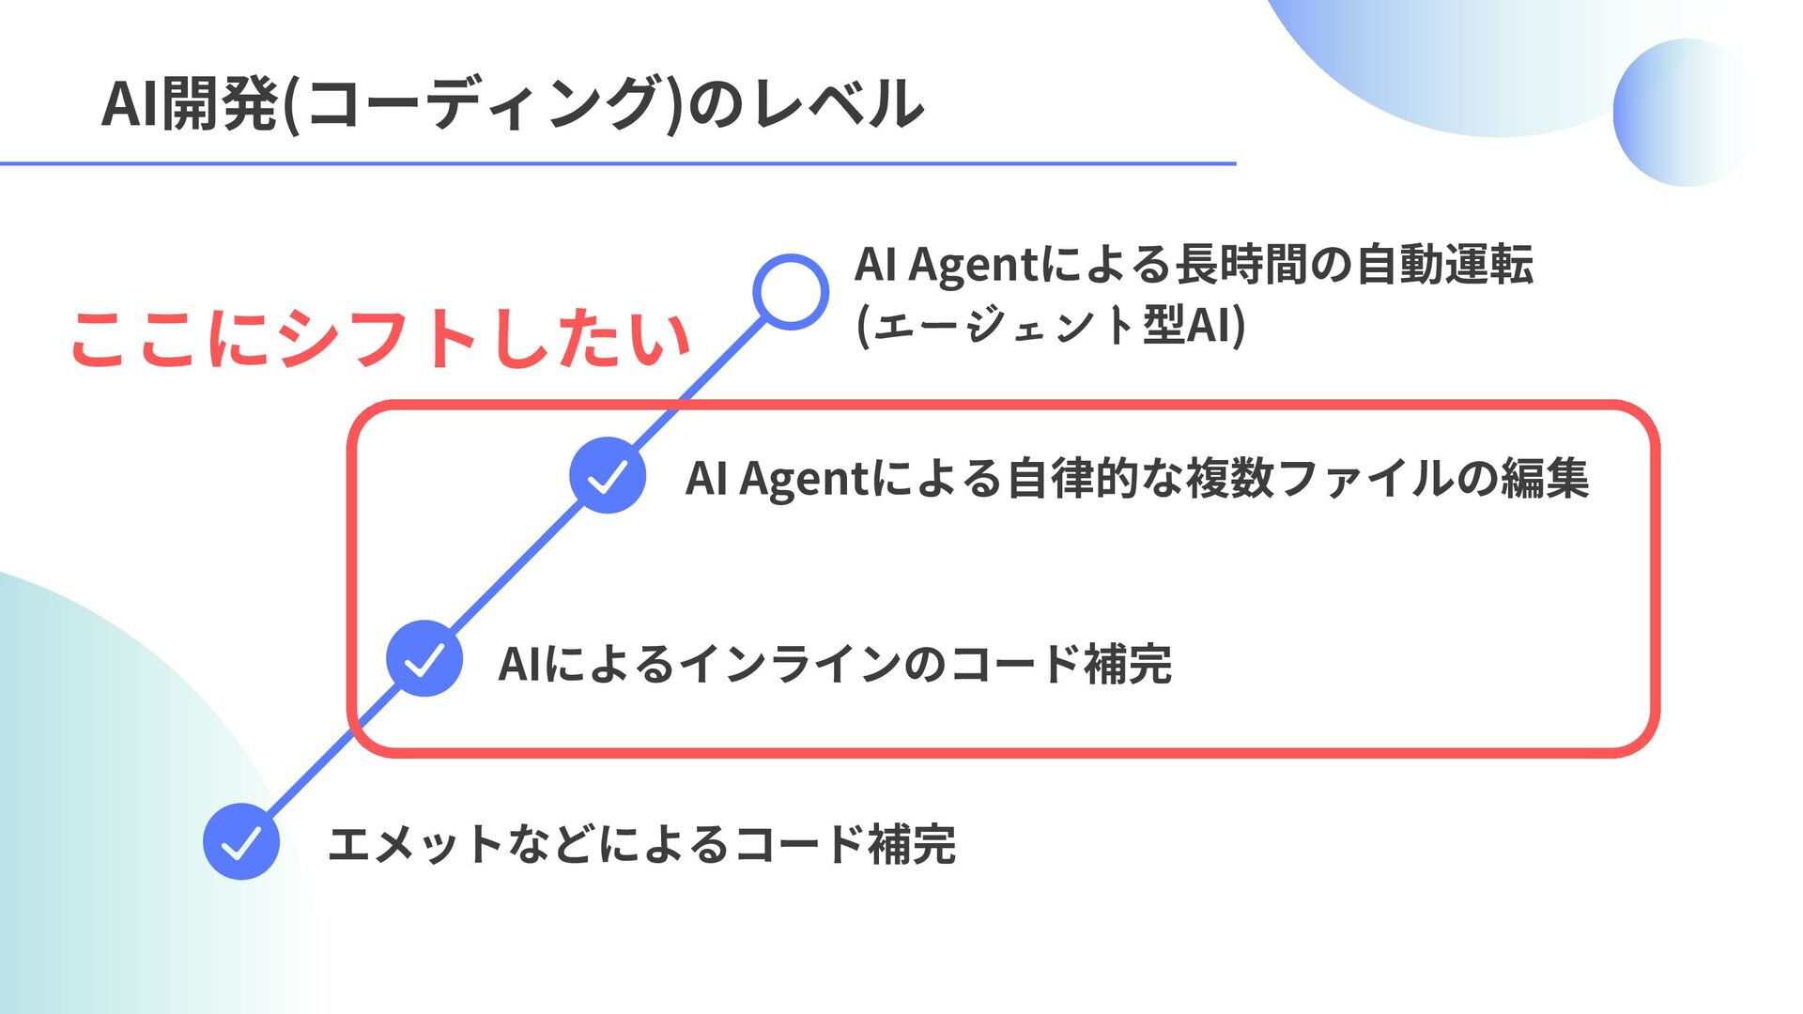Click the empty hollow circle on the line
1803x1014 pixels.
click(x=791, y=292)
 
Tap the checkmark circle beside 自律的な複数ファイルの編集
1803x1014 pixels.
click(x=608, y=475)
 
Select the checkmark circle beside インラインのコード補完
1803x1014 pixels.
click(x=424, y=658)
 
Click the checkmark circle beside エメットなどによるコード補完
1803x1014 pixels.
click(x=241, y=841)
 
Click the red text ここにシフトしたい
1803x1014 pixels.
click(x=380, y=339)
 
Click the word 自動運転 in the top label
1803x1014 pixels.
click(x=1444, y=264)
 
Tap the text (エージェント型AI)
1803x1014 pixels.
click(x=1051, y=326)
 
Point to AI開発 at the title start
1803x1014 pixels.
click(x=189, y=103)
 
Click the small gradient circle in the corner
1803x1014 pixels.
click(x=1686, y=113)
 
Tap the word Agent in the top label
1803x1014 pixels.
click(x=973, y=264)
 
